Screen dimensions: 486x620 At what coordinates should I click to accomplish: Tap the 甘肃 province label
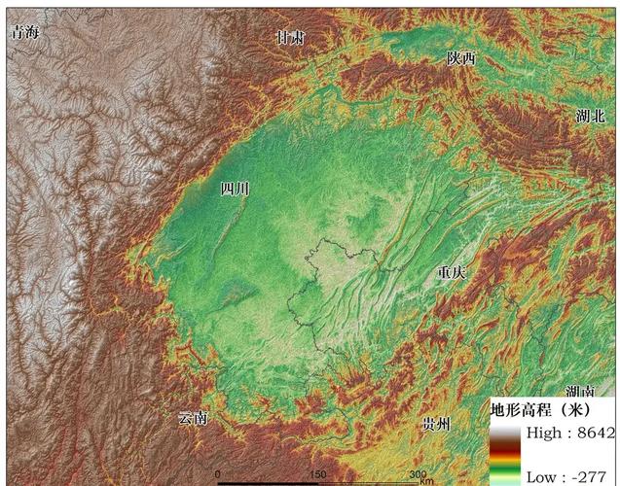pos(290,38)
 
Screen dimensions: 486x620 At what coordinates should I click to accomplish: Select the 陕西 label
pos(461,58)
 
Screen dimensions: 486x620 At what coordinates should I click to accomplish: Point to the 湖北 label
pos(590,116)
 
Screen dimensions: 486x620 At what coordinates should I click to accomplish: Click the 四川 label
pos(235,189)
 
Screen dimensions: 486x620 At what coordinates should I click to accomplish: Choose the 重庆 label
pos(451,273)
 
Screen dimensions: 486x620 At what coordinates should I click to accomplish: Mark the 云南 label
pos(193,419)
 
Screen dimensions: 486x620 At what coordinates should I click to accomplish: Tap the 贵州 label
pos(436,425)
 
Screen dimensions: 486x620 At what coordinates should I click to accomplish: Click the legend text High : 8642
pos(569,433)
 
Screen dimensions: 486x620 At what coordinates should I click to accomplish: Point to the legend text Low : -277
pos(565,476)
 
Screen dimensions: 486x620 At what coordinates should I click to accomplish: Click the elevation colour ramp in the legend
pos(504,453)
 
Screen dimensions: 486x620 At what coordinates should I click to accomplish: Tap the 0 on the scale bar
pos(217,473)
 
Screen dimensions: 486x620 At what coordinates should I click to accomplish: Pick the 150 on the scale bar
pos(317,473)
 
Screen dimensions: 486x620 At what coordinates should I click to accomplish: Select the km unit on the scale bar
pos(426,480)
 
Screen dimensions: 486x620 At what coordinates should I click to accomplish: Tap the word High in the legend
pos(543,433)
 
